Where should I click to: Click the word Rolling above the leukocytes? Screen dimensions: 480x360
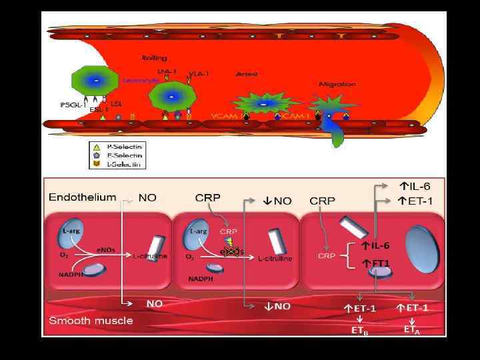coord(154,58)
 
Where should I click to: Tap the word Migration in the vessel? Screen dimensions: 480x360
coord(337,84)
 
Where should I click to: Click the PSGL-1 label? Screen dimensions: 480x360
coord(71,104)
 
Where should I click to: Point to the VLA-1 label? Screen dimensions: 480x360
coord(199,74)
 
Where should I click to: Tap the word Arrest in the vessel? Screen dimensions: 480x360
coord(247,74)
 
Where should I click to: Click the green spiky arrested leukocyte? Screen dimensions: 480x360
coord(263,105)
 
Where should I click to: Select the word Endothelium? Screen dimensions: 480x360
coord(82,197)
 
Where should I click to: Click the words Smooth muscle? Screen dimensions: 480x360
coord(91,320)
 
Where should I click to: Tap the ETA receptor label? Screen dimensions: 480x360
coord(412,329)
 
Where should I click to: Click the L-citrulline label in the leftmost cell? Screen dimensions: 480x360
coord(150,256)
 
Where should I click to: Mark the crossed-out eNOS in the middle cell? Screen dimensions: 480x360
coord(233,250)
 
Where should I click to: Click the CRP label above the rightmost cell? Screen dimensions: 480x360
coord(323,200)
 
